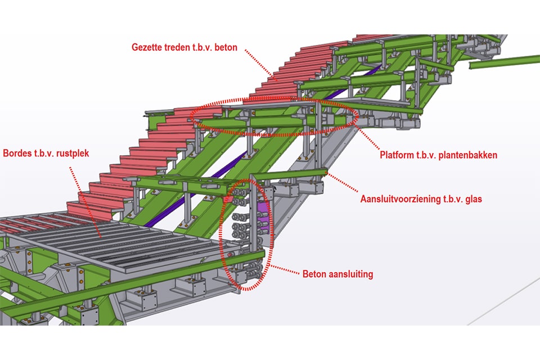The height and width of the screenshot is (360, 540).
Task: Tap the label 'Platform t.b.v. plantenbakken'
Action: click(438, 155)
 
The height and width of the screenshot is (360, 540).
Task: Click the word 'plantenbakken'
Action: click(469, 155)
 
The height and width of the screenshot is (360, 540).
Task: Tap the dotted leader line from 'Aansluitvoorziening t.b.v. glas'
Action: click(344, 183)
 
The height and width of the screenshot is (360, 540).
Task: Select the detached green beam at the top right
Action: click(503, 62)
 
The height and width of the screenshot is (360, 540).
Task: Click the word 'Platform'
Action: click(397, 155)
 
